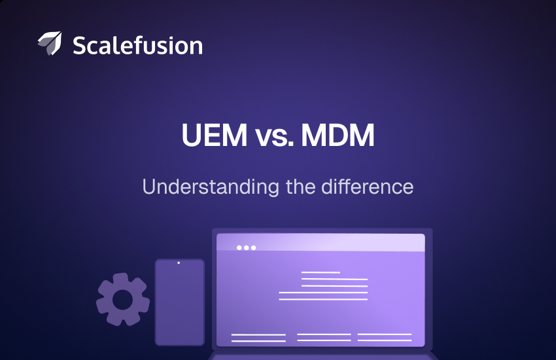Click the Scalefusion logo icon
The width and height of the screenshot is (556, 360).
[50, 43]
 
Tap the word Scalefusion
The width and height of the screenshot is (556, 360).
[137, 45]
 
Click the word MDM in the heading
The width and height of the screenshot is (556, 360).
[343, 136]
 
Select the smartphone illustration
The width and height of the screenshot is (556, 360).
[179, 302]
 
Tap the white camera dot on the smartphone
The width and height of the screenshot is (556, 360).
[179, 263]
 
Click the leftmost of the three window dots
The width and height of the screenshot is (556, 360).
[239, 247]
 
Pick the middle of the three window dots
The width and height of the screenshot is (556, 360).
[246, 247]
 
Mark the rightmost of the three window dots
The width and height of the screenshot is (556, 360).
[253, 247]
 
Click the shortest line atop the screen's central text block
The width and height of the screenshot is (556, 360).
[321, 272]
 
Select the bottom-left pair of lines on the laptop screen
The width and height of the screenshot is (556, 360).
[258, 338]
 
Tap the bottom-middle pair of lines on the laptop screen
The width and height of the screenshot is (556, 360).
[324, 338]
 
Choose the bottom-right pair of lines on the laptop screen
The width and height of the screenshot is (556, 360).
[385, 338]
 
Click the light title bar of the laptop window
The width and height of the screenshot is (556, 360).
[340, 243]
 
